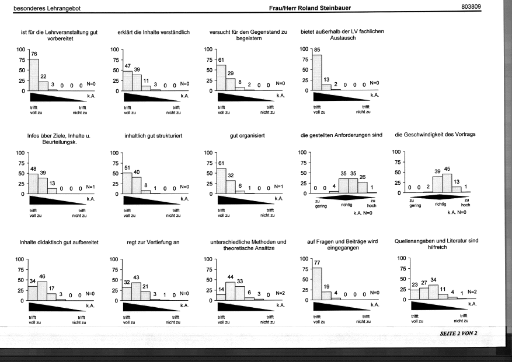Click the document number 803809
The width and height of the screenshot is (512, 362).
(471, 6)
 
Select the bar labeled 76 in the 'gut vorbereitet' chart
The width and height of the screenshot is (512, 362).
(34, 75)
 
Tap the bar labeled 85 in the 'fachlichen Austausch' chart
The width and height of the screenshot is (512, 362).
(317, 72)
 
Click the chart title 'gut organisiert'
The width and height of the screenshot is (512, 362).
(247, 136)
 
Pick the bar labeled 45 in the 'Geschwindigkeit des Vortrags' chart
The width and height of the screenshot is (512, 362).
(447, 183)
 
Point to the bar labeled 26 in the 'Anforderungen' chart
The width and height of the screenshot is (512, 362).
(363, 188)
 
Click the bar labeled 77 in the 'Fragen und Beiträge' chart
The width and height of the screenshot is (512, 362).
(317, 284)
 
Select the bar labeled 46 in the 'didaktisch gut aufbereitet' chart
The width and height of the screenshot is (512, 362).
(42, 291)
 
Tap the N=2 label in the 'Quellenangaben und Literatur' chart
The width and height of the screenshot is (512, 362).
(472, 292)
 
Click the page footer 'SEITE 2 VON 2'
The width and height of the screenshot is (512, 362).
(458, 333)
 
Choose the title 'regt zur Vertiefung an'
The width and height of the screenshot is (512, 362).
(153, 242)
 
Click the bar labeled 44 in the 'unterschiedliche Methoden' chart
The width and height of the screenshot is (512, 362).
(231, 291)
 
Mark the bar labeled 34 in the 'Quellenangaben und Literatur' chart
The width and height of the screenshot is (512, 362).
(433, 292)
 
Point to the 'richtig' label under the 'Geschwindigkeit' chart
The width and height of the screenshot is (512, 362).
(440, 204)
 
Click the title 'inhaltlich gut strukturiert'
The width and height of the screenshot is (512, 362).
(154, 136)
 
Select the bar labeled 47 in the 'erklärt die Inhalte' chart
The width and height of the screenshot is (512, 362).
(128, 81)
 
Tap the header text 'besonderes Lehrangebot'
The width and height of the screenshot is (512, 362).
(47, 8)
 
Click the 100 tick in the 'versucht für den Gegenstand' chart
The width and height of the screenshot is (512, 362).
(208, 49)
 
